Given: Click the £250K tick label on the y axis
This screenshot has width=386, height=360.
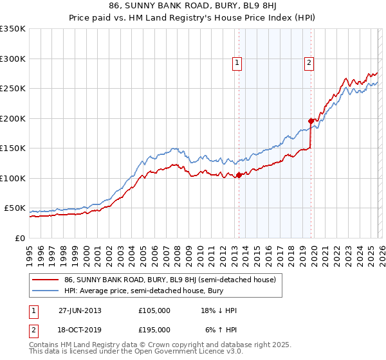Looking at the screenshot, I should click(x=12, y=89).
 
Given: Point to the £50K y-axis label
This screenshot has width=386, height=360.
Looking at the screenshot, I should click(x=15, y=208).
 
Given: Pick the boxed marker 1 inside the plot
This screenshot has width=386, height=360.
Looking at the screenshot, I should click(x=237, y=63).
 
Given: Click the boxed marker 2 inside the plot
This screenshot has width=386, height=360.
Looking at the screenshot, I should click(x=309, y=63).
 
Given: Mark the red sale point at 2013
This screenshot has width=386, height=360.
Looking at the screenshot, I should click(x=239, y=175).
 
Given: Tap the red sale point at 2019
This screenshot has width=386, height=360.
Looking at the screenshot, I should click(x=311, y=121).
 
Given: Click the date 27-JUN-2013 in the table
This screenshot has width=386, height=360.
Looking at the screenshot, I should click(x=80, y=310).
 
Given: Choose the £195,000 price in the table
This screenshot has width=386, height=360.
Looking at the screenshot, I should click(x=154, y=329).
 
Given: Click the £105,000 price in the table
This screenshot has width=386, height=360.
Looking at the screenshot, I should click(x=154, y=310).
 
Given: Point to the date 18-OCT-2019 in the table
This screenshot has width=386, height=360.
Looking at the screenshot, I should click(x=80, y=329).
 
